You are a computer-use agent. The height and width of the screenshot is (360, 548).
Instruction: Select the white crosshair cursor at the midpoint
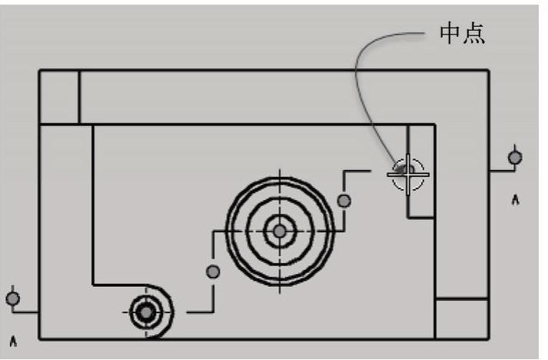(x=407, y=175)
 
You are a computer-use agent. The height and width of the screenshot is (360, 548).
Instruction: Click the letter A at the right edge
(x=516, y=200)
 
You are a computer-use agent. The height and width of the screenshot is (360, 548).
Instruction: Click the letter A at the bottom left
(x=13, y=338)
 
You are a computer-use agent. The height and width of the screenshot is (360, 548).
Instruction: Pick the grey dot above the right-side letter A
(x=515, y=157)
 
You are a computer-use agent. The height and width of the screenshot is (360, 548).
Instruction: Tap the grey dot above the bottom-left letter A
(x=12, y=297)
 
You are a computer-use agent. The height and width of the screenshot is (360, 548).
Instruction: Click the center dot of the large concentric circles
(x=280, y=231)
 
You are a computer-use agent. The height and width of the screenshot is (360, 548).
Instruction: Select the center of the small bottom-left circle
(x=144, y=312)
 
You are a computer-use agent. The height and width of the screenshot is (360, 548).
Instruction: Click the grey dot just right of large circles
(x=344, y=201)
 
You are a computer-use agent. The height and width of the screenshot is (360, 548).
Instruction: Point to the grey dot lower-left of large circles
(x=213, y=271)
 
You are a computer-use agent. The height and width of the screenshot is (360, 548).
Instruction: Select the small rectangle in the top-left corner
(x=59, y=97)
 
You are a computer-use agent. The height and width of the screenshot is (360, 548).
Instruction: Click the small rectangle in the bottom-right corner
(x=461, y=318)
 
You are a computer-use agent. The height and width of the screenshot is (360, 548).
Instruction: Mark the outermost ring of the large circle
(x=228, y=231)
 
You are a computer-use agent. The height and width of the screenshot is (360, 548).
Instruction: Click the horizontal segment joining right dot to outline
(x=501, y=171)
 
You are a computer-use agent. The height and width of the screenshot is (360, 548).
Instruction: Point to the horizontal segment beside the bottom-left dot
(x=26, y=312)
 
